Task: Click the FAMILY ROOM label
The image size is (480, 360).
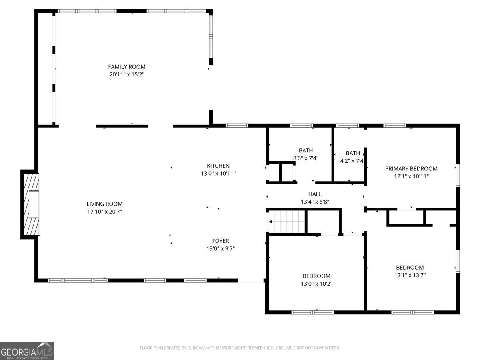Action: pos(127,67)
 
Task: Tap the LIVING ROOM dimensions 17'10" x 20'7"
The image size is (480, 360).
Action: pos(104,211)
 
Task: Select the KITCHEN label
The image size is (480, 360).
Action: pos(218,166)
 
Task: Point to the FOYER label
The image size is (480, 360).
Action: pos(220,241)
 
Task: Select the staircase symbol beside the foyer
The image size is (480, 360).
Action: pos(287,221)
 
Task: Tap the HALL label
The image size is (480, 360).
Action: pos(315,194)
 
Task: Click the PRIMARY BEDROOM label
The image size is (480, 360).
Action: pos(411,168)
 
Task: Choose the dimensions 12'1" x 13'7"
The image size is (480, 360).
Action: pos(410,275)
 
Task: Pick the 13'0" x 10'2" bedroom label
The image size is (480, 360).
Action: pos(316,276)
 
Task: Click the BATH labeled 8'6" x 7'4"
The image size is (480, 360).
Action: pos(306,151)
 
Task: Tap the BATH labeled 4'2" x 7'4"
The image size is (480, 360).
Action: pos(353,153)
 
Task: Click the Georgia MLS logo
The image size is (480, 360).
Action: pos(27,351)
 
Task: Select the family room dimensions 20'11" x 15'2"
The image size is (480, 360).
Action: pos(127,74)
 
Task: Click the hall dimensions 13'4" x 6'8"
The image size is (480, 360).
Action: pos(315,202)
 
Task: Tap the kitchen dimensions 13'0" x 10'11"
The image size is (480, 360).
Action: pos(218,173)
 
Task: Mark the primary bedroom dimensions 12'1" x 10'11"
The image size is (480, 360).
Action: pos(411,176)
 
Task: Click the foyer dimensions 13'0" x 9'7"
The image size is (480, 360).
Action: pos(220,248)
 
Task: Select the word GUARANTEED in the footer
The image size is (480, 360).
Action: pos(324,348)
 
